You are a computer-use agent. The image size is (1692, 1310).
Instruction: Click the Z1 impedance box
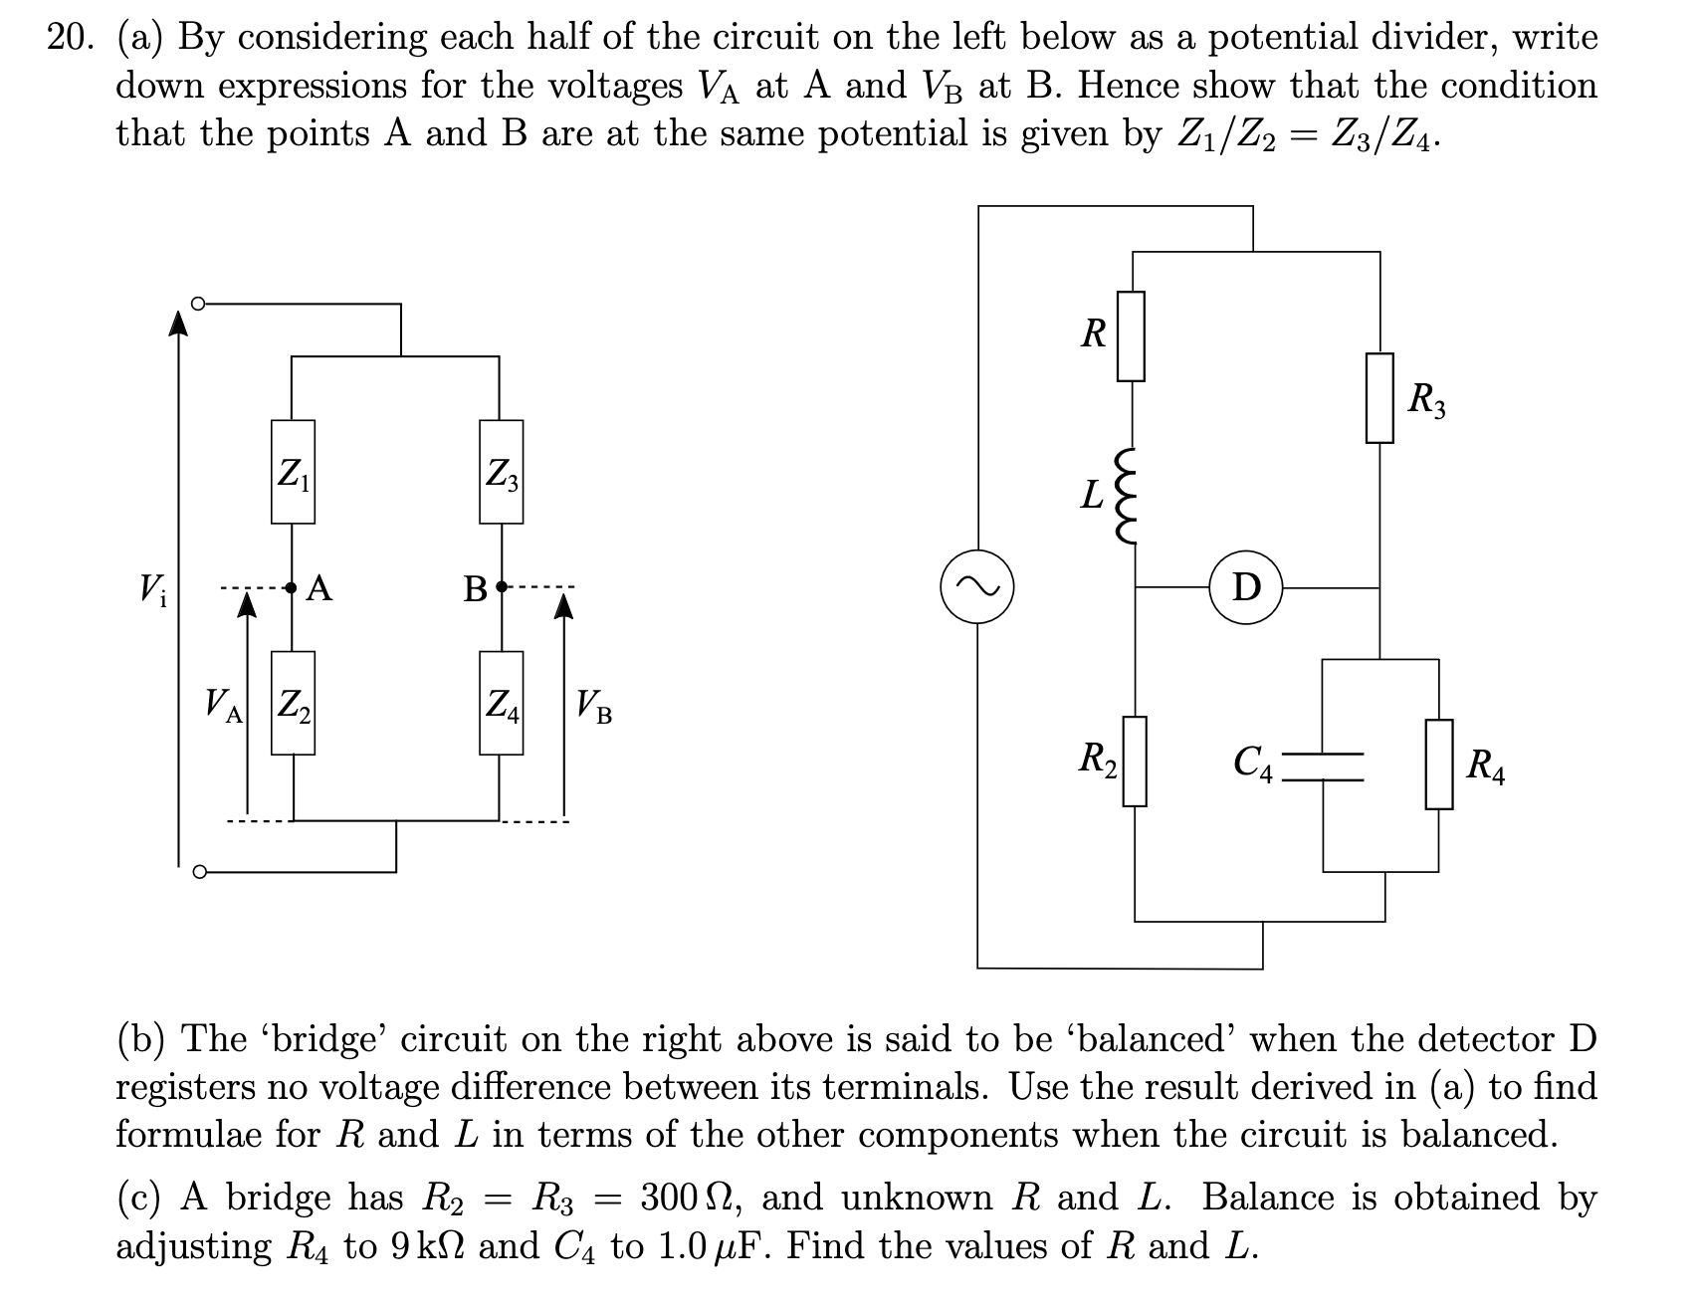tap(293, 472)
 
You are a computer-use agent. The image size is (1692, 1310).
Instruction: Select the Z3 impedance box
tap(501, 472)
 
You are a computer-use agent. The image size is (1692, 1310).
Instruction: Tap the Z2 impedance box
tap(293, 703)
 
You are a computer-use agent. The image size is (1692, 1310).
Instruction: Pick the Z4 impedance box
tap(501, 703)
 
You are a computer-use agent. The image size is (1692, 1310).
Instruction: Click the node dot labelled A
tap(292, 587)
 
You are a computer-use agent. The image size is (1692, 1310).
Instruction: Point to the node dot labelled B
tap(501, 587)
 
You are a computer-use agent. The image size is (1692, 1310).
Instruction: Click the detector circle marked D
tap(1246, 587)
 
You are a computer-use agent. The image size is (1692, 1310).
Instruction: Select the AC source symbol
tap(976, 587)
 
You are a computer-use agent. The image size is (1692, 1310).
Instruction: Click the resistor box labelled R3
tap(1378, 398)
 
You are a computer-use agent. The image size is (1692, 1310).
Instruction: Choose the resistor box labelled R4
tap(1438, 764)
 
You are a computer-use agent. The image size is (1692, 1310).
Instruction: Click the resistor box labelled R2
tap(1136, 761)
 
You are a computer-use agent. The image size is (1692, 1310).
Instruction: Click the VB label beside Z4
tap(594, 707)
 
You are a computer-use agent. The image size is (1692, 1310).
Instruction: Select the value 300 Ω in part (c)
tap(687, 1198)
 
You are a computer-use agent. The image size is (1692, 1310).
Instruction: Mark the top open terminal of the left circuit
tap(198, 303)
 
